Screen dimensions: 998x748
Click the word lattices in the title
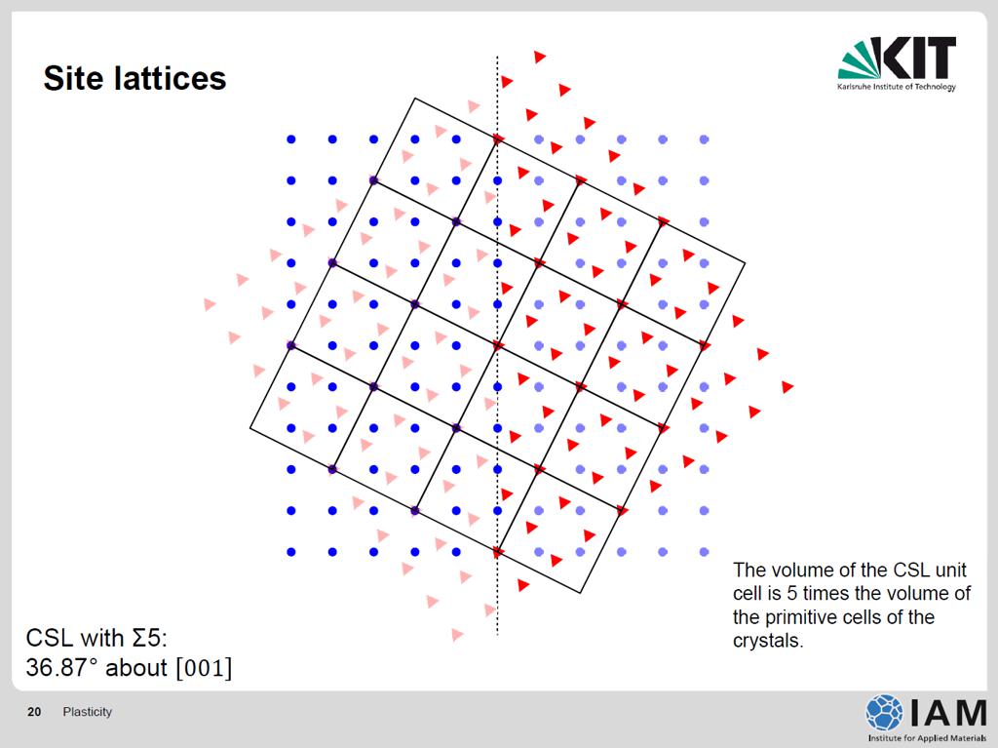tap(170, 78)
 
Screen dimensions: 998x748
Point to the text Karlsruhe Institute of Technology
tap(897, 87)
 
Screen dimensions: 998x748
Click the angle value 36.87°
tap(62, 668)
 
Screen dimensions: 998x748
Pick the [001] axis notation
tap(205, 668)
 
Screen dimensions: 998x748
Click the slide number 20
tap(34, 712)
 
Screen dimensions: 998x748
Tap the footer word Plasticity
tap(87, 712)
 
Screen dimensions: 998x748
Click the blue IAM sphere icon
tap(884, 712)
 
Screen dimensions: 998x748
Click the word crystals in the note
tap(768, 641)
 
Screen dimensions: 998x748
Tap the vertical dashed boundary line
tap(497, 346)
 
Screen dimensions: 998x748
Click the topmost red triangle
tap(540, 57)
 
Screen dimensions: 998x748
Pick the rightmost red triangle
tap(787, 387)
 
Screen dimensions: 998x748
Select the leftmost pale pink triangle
tap(210, 304)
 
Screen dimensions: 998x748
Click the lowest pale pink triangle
tap(457, 635)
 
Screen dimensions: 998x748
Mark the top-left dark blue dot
tap(290, 139)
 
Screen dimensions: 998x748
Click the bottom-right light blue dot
tap(704, 552)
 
